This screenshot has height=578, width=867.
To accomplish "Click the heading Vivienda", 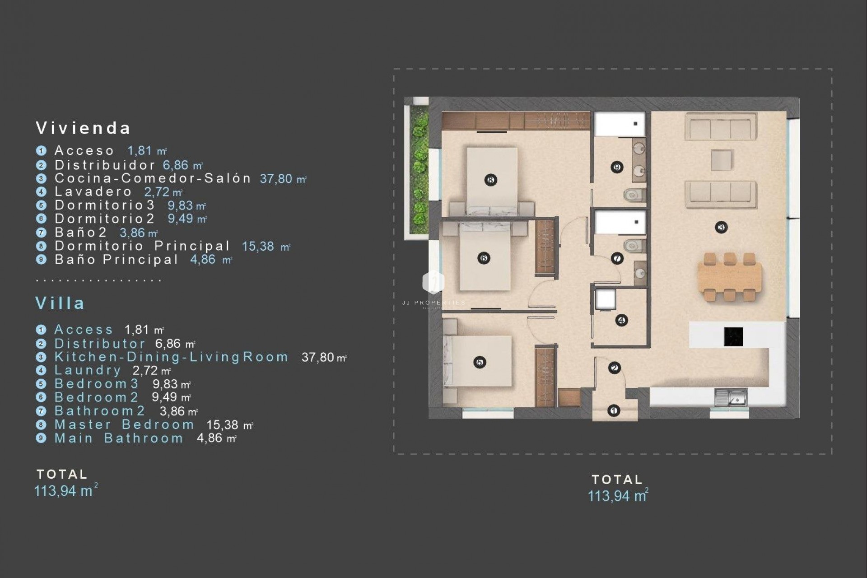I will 83,128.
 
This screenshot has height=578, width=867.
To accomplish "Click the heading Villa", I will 60,303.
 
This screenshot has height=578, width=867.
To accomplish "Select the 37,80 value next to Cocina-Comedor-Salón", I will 276,179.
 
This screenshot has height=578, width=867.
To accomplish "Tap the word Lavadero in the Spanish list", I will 93,191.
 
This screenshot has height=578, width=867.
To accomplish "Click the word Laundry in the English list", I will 88,370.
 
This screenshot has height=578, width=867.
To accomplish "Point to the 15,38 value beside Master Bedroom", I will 222,425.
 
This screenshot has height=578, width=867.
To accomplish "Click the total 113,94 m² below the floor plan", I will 617,496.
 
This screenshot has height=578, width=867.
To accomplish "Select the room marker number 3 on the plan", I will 721,227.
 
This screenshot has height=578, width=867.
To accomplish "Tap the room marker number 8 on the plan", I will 491,180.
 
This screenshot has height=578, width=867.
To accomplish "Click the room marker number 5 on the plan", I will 480,362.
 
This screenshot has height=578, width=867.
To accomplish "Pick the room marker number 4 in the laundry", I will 621,320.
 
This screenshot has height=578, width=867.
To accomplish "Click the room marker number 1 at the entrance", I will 613,410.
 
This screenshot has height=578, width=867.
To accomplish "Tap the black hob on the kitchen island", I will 733,336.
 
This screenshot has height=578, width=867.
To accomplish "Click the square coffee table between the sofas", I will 721,160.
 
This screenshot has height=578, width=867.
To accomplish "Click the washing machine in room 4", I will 605,299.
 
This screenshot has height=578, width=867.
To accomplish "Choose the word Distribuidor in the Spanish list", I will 105,165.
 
